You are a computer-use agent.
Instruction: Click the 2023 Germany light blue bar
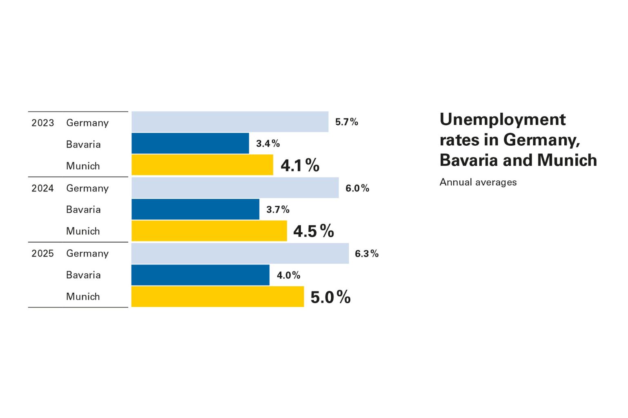(x=230, y=122)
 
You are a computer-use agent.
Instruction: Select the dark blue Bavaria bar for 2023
(x=190, y=143)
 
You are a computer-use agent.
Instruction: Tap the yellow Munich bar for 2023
(x=202, y=165)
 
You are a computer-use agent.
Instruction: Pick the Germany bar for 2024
(x=235, y=188)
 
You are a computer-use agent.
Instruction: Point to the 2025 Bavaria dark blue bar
(x=200, y=275)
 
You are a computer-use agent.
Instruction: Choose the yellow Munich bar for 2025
(x=218, y=297)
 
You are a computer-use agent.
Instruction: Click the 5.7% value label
(x=347, y=122)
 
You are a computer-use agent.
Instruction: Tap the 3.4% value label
(x=268, y=144)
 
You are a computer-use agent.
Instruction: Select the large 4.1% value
(x=300, y=165)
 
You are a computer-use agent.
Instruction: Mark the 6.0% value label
(x=357, y=188)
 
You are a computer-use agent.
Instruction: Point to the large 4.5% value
(x=314, y=231)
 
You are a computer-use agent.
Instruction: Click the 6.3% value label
(x=367, y=253)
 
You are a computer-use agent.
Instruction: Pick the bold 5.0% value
(x=330, y=297)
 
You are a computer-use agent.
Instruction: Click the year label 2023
(x=43, y=123)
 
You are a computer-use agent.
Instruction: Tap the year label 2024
(x=43, y=188)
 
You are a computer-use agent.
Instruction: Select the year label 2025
(x=43, y=253)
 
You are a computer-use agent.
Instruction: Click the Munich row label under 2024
(x=83, y=231)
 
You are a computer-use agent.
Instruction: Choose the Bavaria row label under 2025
(x=83, y=275)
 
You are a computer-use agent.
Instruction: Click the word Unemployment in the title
(x=503, y=120)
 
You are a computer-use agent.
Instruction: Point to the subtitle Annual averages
(x=478, y=182)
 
